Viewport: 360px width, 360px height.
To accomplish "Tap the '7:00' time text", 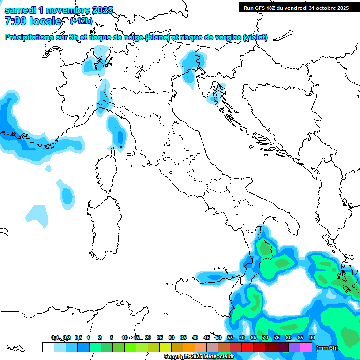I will [15, 21].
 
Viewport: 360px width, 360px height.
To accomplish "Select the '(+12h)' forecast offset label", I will [82, 21].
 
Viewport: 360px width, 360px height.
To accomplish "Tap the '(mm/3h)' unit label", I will [327, 347].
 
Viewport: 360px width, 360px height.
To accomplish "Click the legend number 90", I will [312, 337].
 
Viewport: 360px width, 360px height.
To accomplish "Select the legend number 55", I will [230, 337].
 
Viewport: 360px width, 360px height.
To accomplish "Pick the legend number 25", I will [160, 337].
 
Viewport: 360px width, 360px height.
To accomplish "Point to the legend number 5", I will [112, 337].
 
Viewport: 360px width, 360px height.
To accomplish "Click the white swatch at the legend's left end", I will [48, 347].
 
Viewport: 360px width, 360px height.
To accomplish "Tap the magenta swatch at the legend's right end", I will [306, 347].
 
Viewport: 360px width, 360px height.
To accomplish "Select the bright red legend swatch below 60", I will [247, 347].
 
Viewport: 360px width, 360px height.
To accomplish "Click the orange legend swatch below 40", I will [188, 347].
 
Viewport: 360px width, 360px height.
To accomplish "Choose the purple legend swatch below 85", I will [294, 347].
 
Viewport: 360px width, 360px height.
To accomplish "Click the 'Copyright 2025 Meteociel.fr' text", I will [199, 357].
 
